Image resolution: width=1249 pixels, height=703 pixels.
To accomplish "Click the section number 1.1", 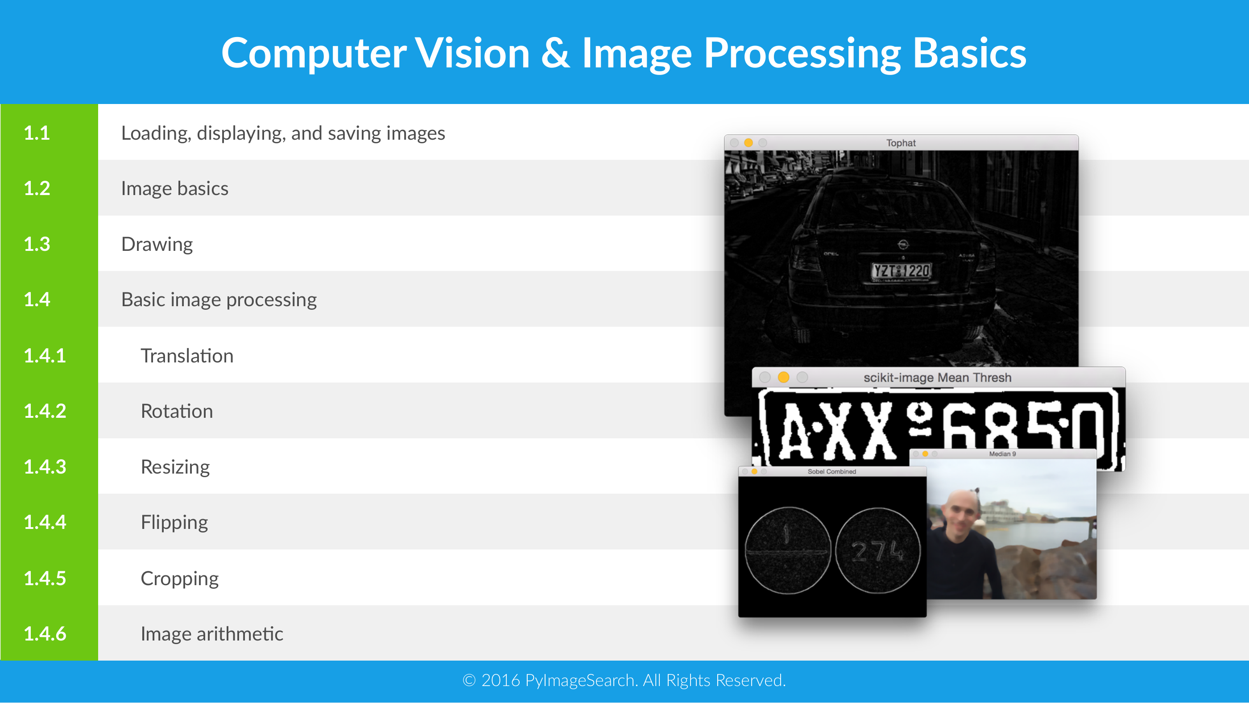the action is coord(37,133).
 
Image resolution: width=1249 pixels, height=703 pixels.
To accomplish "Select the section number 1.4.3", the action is coord(45,467).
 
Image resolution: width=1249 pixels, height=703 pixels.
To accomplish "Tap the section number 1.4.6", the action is coord(45,634).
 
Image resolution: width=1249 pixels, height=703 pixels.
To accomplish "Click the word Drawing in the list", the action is coord(157,245).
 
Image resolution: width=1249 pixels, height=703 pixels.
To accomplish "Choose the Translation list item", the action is coord(187,356).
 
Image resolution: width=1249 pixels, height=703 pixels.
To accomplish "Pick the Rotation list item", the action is coord(177,412).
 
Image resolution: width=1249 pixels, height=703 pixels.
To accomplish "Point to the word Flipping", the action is coord(174,523).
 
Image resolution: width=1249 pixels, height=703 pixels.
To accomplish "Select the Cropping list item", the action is coord(180,579).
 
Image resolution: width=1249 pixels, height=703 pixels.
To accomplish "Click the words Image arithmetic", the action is coord(212,634).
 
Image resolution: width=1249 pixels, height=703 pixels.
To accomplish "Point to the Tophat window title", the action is coord(901,143).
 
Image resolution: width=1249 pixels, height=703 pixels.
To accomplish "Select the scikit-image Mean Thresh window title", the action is coord(937,378).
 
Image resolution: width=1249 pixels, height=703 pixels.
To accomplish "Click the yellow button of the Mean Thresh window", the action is coord(784,378).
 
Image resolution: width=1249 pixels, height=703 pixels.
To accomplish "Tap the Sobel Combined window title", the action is coord(831,472).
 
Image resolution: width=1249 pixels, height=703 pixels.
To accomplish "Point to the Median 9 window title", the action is coord(1002,454).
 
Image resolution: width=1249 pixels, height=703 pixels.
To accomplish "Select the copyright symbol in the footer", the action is coord(469,681).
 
